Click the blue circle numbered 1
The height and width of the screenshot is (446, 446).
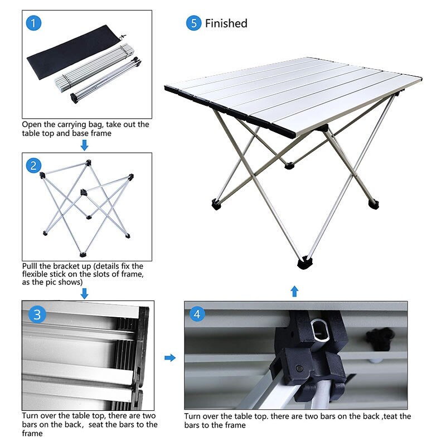(33, 23)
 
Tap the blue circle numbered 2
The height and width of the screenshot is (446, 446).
(34, 165)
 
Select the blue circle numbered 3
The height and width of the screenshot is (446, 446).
(37, 314)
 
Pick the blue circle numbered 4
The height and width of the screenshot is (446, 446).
(197, 314)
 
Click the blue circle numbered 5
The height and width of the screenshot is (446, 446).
(193, 23)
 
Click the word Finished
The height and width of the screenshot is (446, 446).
(226, 23)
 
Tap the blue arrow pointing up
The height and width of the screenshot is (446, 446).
(295, 290)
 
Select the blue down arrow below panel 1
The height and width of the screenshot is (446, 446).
(84, 146)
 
